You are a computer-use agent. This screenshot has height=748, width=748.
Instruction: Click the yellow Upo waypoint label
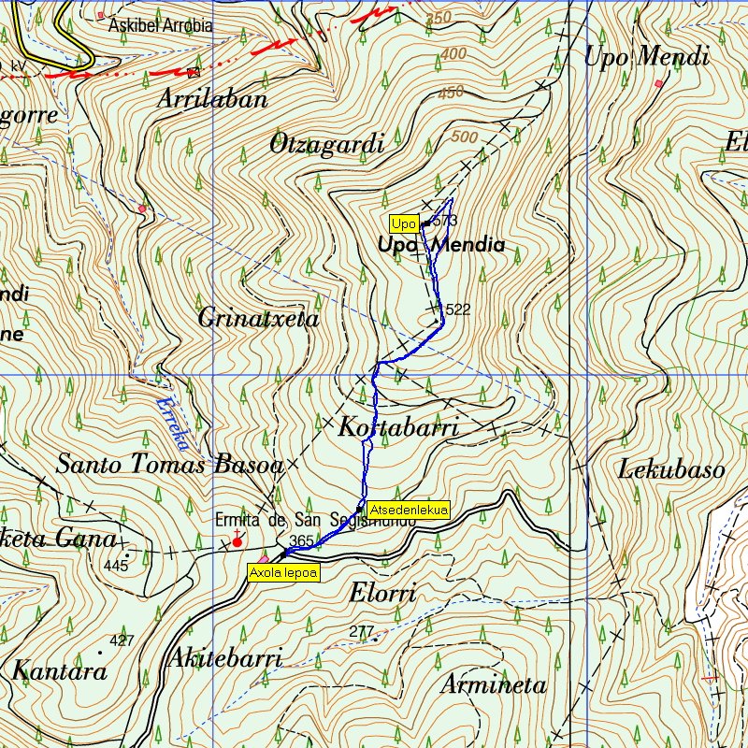[x=403, y=224]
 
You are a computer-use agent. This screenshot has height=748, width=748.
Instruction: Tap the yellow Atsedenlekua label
[x=409, y=510]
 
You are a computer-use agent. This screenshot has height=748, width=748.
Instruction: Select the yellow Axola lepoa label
[x=283, y=572]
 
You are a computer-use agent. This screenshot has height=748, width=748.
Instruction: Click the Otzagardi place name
[x=326, y=145]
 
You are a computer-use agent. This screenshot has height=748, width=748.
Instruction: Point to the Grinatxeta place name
[x=258, y=319]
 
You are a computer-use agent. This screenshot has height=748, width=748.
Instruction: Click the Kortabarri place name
[x=397, y=429]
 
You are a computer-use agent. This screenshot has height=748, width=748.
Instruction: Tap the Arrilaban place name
[x=212, y=99]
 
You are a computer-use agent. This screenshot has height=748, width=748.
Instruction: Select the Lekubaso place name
[x=670, y=469]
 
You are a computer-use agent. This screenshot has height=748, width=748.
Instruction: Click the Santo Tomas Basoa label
[x=169, y=464]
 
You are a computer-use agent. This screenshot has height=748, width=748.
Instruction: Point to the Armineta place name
[x=493, y=684]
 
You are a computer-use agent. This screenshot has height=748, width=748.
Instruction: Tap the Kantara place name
[x=59, y=671]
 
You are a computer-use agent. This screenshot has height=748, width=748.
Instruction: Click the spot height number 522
[x=457, y=309]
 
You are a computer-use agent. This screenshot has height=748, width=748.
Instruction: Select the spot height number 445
[x=116, y=566]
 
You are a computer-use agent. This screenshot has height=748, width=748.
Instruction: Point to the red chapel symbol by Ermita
[x=237, y=540]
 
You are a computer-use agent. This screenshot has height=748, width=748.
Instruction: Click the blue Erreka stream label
[x=172, y=417]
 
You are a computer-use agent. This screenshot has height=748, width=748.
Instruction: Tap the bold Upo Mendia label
[x=441, y=246]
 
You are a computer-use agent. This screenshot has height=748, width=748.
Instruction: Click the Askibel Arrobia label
[x=160, y=25]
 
